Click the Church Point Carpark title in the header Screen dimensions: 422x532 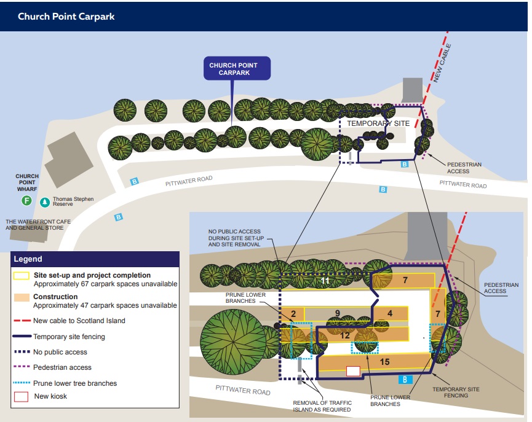click(66, 17)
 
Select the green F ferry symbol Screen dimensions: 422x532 click(26, 201)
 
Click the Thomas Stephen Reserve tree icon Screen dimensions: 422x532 click(45, 201)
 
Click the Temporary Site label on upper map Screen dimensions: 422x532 click(378, 123)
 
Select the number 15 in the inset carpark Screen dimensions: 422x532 click(384, 362)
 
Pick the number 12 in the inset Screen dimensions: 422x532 click(344, 335)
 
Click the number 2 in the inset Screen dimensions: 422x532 click(293, 314)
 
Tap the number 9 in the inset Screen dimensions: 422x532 click(336, 313)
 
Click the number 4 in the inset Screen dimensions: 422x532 click(390, 313)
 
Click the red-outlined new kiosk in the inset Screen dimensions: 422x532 click(352, 370)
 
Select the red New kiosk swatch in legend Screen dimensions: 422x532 click(22, 396)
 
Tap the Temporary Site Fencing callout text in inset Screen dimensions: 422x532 click(456, 392)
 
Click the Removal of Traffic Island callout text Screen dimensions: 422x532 click(323, 405)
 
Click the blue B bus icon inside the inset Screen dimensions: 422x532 click(405, 379)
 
